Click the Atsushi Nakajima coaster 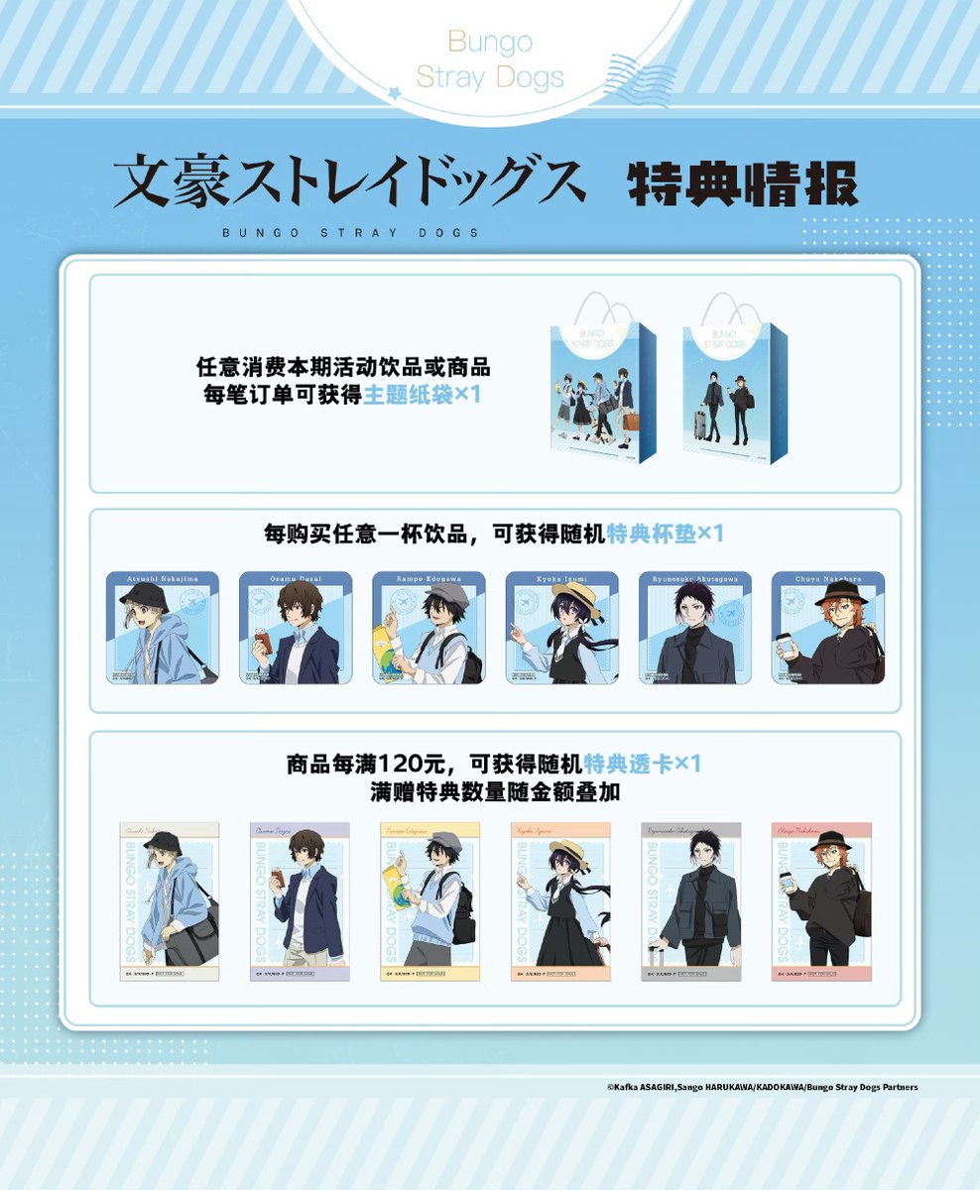[x=163, y=628]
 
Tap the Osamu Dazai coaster [x=296, y=628]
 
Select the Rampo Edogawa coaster [x=429, y=628]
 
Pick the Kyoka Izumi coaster [x=561, y=628]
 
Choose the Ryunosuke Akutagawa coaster [x=694, y=628]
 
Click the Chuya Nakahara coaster [x=828, y=628]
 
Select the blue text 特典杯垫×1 [x=666, y=534]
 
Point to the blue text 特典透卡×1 [x=643, y=765]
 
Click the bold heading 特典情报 [x=742, y=183]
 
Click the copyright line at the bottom [x=762, y=1087]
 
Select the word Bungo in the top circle [x=490, y=42]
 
